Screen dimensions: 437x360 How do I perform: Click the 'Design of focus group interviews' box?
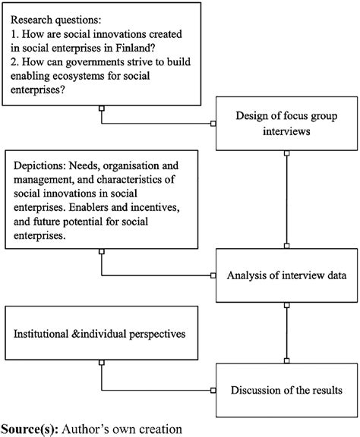tap(286, 125)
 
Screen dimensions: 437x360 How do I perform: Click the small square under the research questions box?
tap(101, 109)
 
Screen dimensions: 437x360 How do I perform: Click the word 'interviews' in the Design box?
tap(286, 134)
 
